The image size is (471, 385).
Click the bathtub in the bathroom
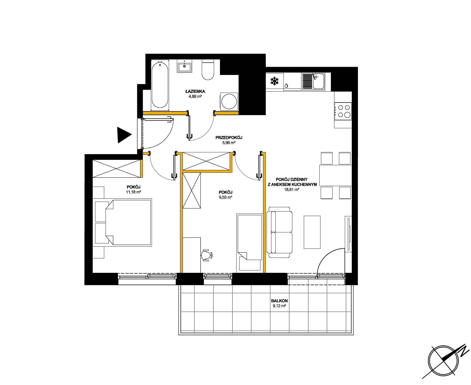click(160, 85)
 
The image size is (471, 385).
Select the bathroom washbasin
click(184, 66)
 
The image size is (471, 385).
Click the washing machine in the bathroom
click(229, 101)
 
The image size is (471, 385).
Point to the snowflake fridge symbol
click(274, 81)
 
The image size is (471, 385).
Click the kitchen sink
click(313, 81)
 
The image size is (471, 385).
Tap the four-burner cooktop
click(343, 111)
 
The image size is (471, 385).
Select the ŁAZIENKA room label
click(195, 92)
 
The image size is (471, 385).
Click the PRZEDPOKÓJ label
click(229, 138)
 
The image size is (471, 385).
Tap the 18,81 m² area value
click(291, 189)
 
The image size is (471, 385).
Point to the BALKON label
click(279, 301)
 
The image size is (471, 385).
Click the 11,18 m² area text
click(133, 192)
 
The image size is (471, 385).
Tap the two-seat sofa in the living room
click(279, 232)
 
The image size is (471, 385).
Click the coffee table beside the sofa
click(312, 232)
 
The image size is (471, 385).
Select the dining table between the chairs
click(335, 176)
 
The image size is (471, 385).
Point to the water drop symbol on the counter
click(286, 86)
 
